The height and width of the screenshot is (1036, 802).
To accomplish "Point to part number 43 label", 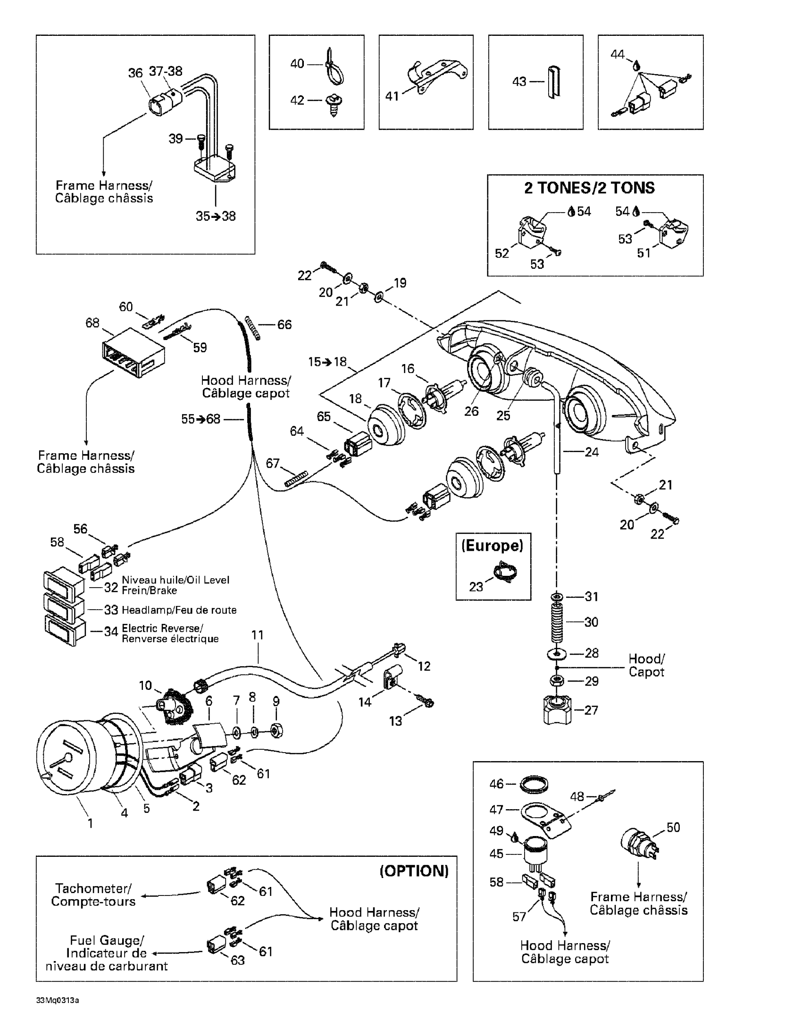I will [519, 82].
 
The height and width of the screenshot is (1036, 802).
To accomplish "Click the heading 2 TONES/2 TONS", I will [589, 188].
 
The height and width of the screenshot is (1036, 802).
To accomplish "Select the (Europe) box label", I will [492, 546].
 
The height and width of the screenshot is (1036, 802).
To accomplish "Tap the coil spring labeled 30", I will [558, 622].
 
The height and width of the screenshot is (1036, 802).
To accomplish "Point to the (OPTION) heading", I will [414, 871].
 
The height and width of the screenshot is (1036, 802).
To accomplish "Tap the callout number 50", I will [673, 827].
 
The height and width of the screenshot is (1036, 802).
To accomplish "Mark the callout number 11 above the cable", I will [257, 635].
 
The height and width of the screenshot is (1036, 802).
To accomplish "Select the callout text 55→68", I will [201, 419].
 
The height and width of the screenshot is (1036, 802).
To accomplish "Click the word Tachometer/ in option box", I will [93, 888].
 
